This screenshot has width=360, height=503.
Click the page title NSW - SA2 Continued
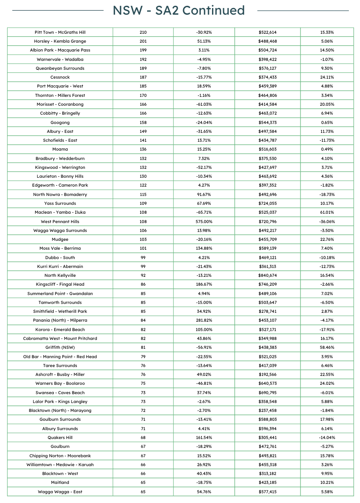point(179,10)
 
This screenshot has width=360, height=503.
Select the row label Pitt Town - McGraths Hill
point(60,32)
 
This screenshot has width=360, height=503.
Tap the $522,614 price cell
point(268,32)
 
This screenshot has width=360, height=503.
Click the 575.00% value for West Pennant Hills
point(204,221)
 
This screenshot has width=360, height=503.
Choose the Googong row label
point(60,122)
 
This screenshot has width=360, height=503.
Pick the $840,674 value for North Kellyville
point(268,275)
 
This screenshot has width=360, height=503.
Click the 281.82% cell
point(204,320)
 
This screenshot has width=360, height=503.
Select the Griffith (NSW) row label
point(60,347)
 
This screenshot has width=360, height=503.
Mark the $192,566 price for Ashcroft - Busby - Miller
point(268,375)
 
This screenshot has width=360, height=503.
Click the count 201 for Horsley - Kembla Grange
point(143,41)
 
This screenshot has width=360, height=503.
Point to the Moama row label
point(60,149)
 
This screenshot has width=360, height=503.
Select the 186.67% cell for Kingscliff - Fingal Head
point(204,284)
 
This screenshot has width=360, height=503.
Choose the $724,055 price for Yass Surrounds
point(268,204)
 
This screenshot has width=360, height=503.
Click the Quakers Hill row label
point(60,438)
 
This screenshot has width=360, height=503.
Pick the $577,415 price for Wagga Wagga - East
point(268,492)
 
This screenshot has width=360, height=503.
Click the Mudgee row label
point(60,240)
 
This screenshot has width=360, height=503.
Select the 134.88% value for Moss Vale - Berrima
point(204,248)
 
